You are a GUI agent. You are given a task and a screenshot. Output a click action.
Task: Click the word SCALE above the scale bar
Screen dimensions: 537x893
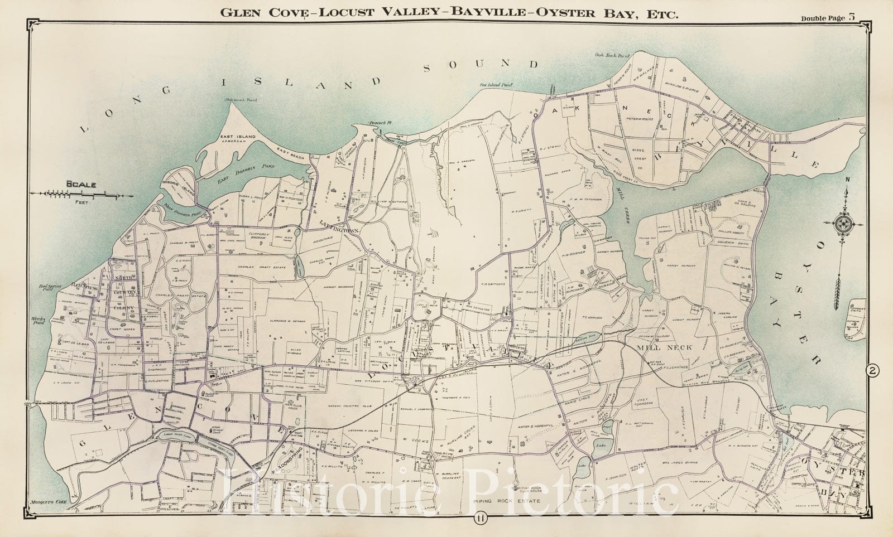tap(81, 184)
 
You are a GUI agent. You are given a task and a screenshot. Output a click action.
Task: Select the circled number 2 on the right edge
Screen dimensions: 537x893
tap(871, 370)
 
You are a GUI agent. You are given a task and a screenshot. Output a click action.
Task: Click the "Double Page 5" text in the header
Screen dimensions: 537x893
tap(828, 17)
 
